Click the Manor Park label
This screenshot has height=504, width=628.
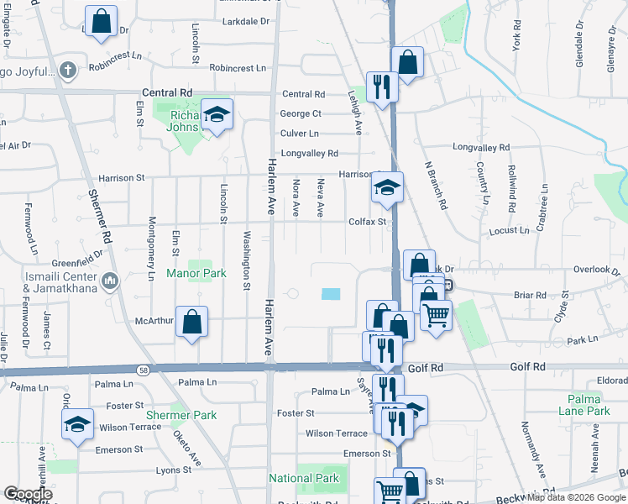pyautogui.click(x=196, y=274)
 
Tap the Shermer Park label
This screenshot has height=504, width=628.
pyautogui.click(x=181, y=415)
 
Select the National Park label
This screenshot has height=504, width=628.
pyautogui.click(x=303, y=478)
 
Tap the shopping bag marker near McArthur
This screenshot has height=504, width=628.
pyautogui.click(x=192, y=322)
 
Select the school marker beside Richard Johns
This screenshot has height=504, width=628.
pyautogui.click(x=217, y=116)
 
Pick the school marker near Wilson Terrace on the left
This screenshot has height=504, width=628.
pyautogui.click(x=77, y=424)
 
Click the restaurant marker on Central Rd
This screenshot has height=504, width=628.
pyautogui.click(x=382, y=86)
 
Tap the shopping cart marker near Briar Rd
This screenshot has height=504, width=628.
pyautogui.click(x=435, y=317)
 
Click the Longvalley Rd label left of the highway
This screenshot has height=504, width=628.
pyautogui.click(x=309, y=154)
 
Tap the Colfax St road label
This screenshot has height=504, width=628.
pyautogui.click(x=367, y=223)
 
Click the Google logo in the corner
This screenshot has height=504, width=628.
pyautogui.click(x=27, y=494)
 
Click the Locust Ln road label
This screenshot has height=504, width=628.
pyautogui.click(x=509, y=229)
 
